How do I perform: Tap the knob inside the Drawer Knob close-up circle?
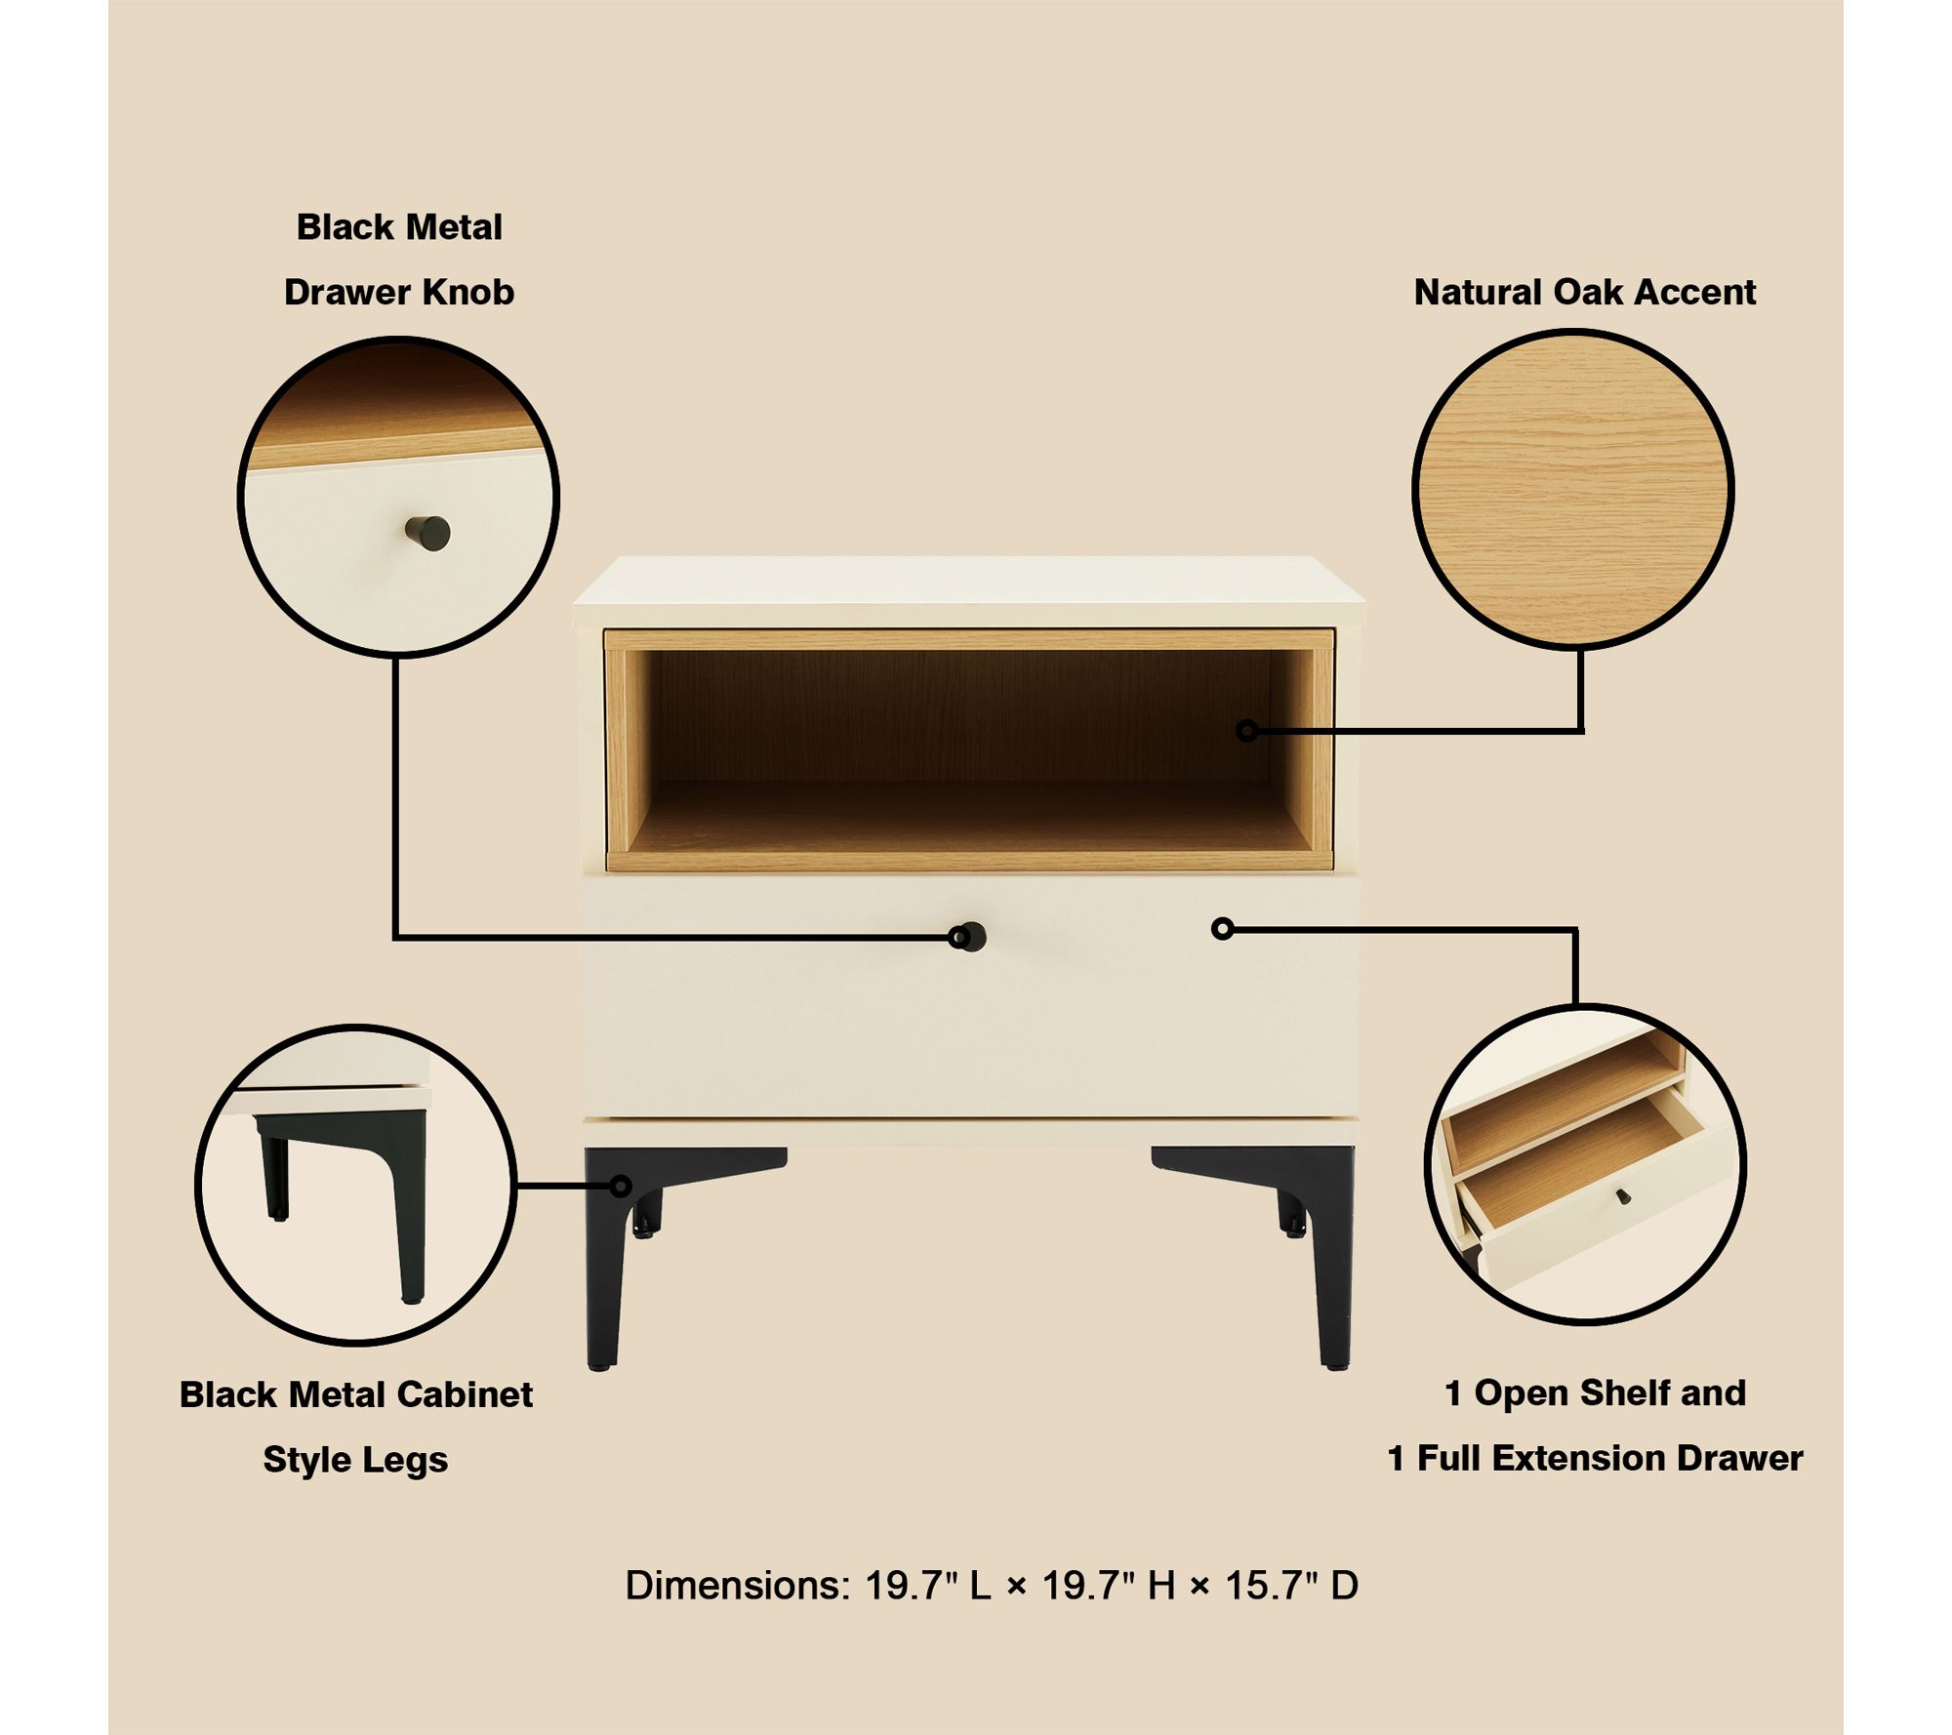pos(427,533)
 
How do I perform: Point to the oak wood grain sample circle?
pos(1572,489)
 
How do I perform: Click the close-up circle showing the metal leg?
pos(356,1185)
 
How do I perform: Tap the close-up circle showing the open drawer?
pos(1585,1164)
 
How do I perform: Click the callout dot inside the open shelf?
pos(1246,730)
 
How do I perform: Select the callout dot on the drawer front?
pos(1222,929)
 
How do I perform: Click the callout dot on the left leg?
pos(621,1186)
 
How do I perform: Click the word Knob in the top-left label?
pos(466,292)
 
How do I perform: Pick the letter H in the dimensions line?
pos(1161,1586)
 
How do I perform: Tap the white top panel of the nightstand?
pos(968,590)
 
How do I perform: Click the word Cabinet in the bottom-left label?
pos(465,1394)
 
